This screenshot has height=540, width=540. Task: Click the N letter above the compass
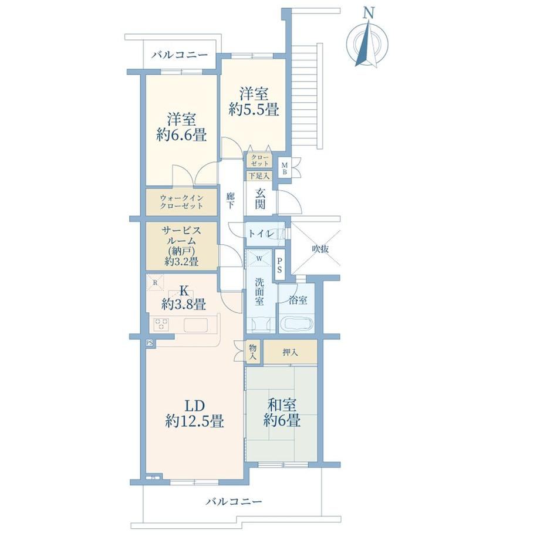coord(369,13)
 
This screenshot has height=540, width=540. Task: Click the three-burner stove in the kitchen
coord(161,325)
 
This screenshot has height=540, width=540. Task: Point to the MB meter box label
coord(285,168)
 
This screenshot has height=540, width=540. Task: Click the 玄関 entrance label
coord(261,200)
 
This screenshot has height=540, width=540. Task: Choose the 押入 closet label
coord(290,352)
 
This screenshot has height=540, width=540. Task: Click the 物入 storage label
coord(253,352)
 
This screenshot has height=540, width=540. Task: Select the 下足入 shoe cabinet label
coord(259,176)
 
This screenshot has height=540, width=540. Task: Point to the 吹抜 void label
coord(320,249)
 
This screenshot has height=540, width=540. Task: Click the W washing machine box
coord(259,258)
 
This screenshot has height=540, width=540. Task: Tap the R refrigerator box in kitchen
coord(155,283)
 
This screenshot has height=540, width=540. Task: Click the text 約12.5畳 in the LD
coord(195,421)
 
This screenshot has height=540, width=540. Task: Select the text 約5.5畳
coord(254,110)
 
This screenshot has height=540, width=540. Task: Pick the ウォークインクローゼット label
coord(181,202)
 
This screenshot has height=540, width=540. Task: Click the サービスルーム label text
coord(181,235)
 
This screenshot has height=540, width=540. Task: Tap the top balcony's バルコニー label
coord(180,55)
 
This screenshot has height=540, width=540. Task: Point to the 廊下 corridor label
coord(231,201)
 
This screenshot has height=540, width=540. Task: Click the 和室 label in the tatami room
coord(282,406)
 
